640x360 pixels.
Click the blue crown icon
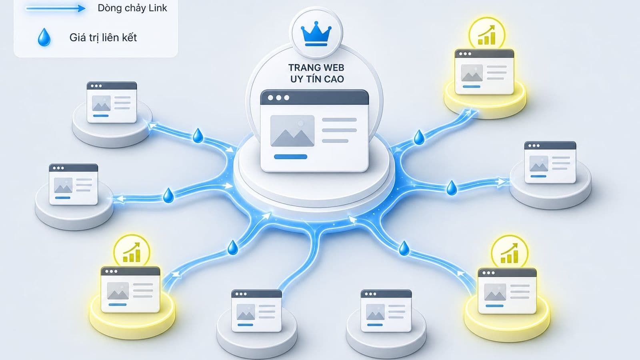(316, 34)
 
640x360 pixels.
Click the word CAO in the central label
(334, 79)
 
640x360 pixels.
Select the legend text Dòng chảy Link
(132, 8)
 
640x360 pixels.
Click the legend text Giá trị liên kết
(103, 38)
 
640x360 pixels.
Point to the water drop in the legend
(44, 37)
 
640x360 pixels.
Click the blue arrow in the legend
(56, 8)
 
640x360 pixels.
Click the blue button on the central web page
(290, 156)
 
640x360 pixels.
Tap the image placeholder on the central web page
(292, 130)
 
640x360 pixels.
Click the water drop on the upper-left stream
(198, 136)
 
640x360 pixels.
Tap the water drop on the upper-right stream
(419, 137)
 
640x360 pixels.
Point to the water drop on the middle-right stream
(452, 188)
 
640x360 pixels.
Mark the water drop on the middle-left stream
(168, 196)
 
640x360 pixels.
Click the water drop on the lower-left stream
(232, 248)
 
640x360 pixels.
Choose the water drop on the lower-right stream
(404, 248)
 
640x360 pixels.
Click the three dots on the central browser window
(278, 98)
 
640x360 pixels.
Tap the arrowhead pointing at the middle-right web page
(502, 182)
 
